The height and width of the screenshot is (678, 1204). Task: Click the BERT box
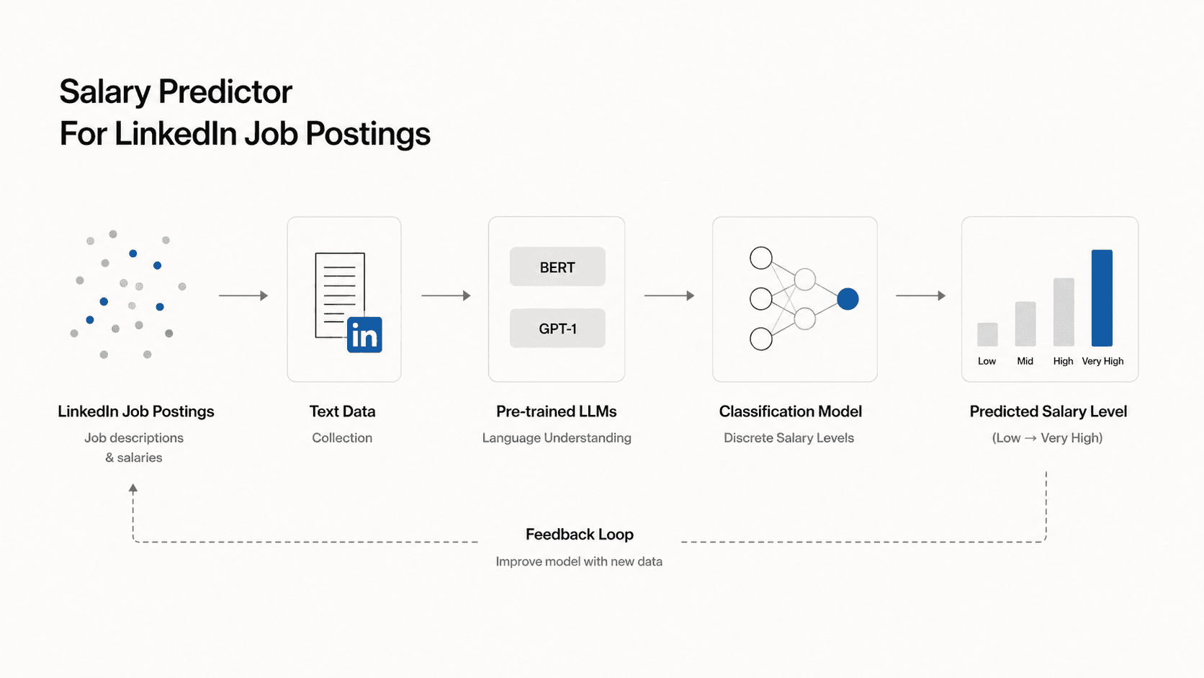pos(557,267)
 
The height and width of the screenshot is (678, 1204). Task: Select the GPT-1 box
pos(557,328)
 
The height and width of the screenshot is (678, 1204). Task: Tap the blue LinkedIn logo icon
pos(364,335)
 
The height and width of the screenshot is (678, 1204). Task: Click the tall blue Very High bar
pos(1102,298)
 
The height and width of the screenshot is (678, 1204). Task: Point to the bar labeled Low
pos(987,334)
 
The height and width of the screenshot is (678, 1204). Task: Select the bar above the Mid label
pos(1025,324)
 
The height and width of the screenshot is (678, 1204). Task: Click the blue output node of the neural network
pos(848,299)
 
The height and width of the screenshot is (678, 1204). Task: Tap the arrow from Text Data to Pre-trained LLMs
pos(446,295)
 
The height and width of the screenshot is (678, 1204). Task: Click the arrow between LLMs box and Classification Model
pos(669,295)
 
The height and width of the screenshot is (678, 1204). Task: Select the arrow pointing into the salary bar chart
pos(921,295)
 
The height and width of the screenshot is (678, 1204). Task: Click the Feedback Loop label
pos(580,534)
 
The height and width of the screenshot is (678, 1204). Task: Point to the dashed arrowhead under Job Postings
pos(133,489)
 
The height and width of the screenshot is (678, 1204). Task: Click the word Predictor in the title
pos(225,92)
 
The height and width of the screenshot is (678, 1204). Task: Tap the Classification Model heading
pos(790,411)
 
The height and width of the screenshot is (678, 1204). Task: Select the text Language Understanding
pos(557,437)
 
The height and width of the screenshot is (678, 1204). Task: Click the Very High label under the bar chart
pos(1102,361)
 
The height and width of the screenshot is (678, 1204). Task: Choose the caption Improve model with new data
pos(579,561)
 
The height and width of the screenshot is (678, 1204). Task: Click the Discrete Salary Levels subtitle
pos(789,437)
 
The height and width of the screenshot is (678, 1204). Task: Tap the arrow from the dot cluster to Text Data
pos(243,295)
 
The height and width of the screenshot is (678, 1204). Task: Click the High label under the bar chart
pos(1063,361)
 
